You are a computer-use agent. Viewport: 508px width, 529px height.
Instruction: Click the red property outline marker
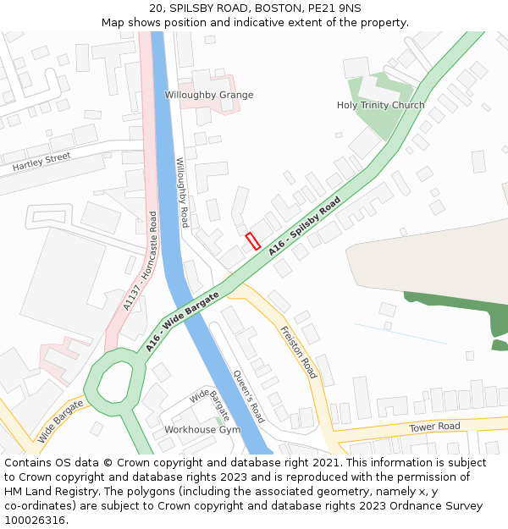251,240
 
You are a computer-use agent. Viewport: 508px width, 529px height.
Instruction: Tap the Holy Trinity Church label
380,106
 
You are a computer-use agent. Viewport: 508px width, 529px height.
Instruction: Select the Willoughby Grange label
208,96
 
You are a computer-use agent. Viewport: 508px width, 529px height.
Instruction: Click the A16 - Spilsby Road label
305,226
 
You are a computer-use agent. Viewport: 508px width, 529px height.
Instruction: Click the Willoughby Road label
180,192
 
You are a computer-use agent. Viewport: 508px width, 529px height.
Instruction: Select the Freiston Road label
298,351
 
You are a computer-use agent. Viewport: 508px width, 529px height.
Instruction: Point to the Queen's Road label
249,396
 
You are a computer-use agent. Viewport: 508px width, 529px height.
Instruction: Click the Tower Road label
434,427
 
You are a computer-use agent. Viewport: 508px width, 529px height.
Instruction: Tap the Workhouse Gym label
202,430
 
